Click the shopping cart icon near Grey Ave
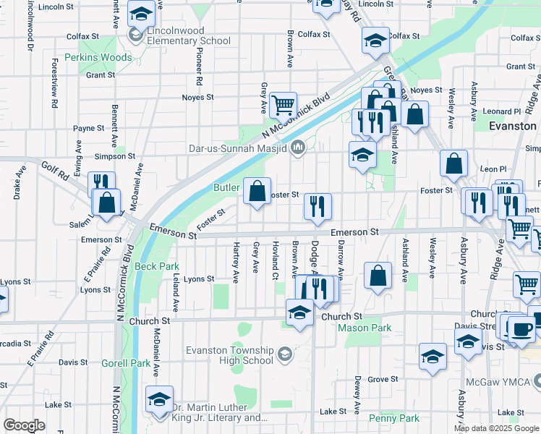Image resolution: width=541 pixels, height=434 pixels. click(283, 104)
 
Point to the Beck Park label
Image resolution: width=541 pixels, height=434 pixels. click(156, 266)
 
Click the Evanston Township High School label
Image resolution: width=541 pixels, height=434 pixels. click(229, 355)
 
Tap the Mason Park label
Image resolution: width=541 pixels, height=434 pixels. click(366, 328)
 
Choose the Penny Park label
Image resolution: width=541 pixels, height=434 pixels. click(393, 418)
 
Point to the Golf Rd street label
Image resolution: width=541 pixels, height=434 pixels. click(54, 171)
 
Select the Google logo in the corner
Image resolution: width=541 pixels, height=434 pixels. click(24, 425)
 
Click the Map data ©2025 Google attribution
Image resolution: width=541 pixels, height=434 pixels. click(496, 428)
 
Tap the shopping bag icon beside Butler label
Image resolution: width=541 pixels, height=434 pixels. click(257, 192)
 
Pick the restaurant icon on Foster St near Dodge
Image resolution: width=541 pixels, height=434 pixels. click(317, 206)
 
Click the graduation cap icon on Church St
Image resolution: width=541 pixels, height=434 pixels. click(299, 312)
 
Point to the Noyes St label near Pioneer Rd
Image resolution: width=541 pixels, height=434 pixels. click(198, 97)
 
